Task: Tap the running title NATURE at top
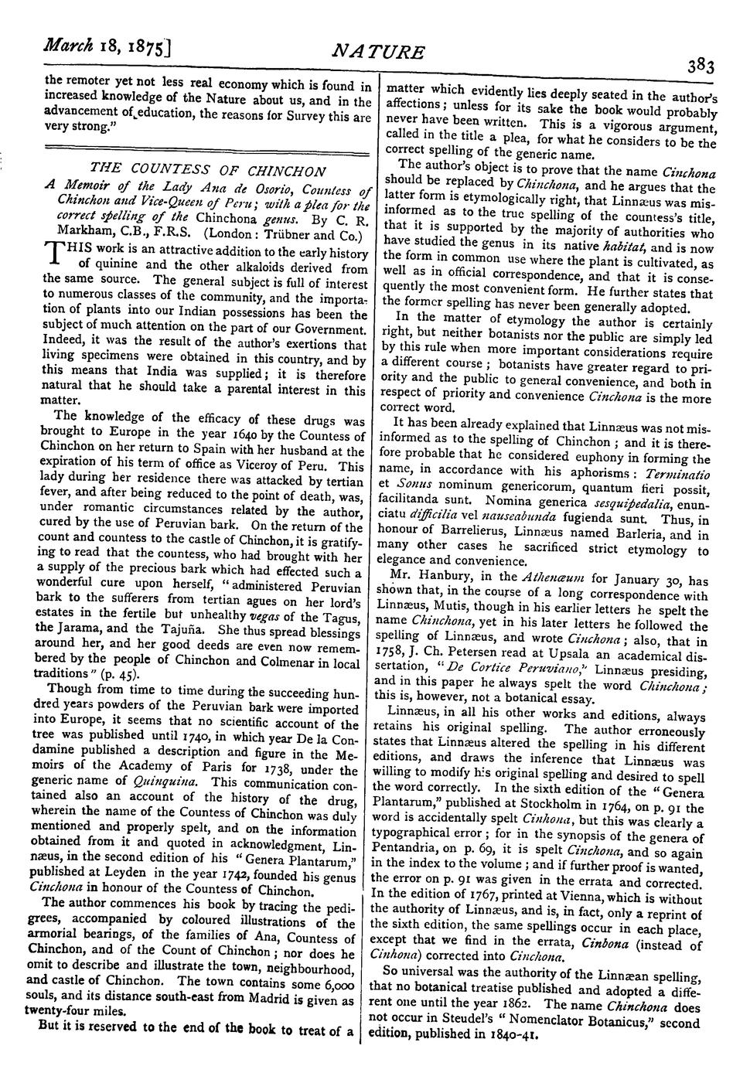click(378, 52)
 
